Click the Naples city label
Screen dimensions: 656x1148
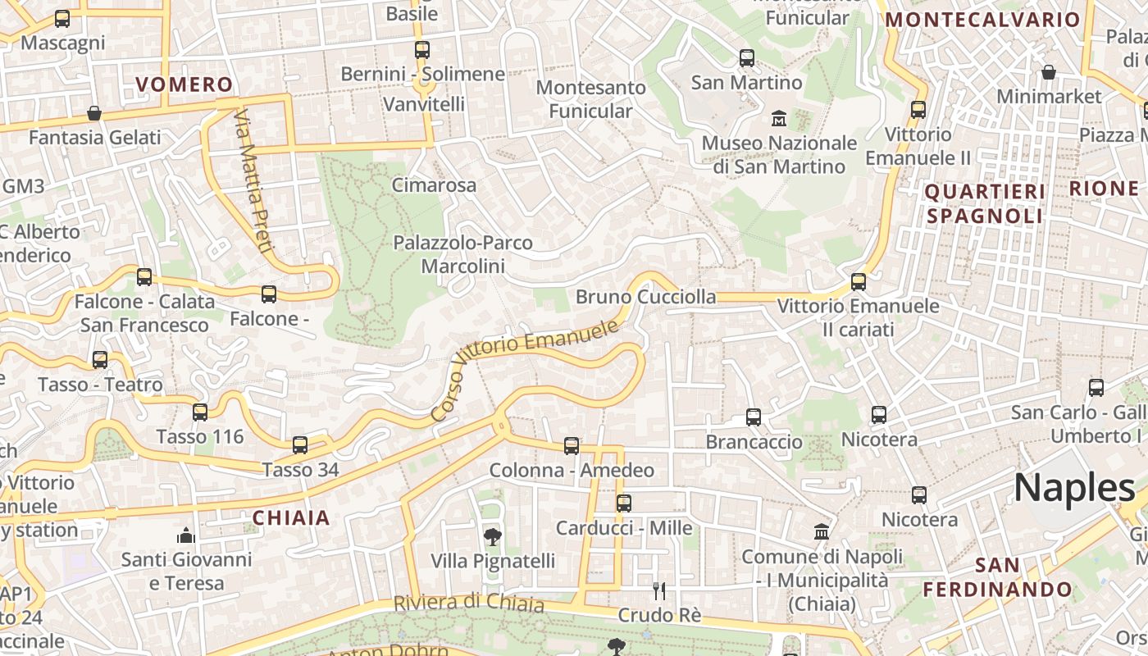coord(1074,488)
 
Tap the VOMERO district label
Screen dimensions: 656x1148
coord(184,84)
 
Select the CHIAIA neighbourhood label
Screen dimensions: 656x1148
coord(291,517)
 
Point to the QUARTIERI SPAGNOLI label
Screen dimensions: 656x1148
coord(985,203)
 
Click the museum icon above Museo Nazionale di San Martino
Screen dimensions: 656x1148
coord(778,119)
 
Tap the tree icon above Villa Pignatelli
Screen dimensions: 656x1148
coord(492,537)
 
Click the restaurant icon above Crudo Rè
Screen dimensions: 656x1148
coord(659,590)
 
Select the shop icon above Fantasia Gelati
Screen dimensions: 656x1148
coord(94,112)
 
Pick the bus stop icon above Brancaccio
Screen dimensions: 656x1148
coord(754,417)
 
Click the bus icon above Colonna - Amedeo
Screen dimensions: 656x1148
coord(572,445)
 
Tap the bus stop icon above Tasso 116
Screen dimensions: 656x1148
coord(200,412)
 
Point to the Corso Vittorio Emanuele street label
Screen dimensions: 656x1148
coord(525,369)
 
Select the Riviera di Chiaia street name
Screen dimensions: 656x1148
coord(468,603)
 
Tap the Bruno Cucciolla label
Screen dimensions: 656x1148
coord(645,297)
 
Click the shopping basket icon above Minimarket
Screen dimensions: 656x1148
coord(1049,72)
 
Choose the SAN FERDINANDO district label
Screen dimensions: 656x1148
coord(998,577)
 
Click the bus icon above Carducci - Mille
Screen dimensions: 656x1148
coord(624,503)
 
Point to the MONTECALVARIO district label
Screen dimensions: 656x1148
coord(983,20)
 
